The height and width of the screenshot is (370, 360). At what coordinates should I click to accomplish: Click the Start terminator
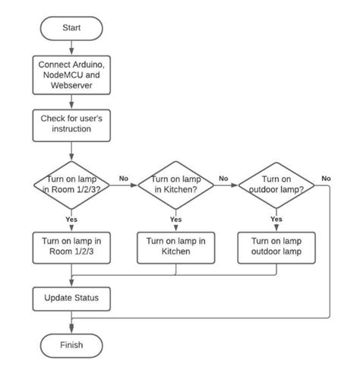(x=71, y=28)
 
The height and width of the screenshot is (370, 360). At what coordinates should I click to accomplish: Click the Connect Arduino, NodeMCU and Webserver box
(x=71, y=75)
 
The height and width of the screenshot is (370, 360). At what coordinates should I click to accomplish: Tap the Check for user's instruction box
(x=71, y=124)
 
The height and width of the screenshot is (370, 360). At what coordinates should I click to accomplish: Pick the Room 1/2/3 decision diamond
(x=71, y=184)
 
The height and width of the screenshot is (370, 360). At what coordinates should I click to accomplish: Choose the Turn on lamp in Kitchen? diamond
(x=175, y=184)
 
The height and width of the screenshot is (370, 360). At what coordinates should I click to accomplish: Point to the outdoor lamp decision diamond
(x=276, y=184)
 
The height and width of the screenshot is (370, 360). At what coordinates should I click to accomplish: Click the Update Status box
(x=71, y=297)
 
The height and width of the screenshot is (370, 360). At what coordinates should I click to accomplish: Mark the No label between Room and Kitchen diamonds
(x=124, y=179)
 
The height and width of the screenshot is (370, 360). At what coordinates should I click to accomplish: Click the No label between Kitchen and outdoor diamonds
(x=223, y=179)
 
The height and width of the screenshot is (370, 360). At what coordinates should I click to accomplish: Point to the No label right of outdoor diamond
(x=326, y=179)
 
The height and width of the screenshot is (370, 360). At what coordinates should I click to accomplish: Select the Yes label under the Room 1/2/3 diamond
(x=71, y=219)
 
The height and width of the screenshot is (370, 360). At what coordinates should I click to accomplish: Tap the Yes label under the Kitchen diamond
(x=175, y=219)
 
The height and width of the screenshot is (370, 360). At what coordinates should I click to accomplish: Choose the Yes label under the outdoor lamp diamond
(x=276, y=219)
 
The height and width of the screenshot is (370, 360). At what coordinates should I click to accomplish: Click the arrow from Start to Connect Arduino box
(x=71, y=47)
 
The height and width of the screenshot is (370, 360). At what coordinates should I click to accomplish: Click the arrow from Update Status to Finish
(x=71, y=322)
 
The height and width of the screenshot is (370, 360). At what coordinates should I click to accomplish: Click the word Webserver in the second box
(x=71, y=86)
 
